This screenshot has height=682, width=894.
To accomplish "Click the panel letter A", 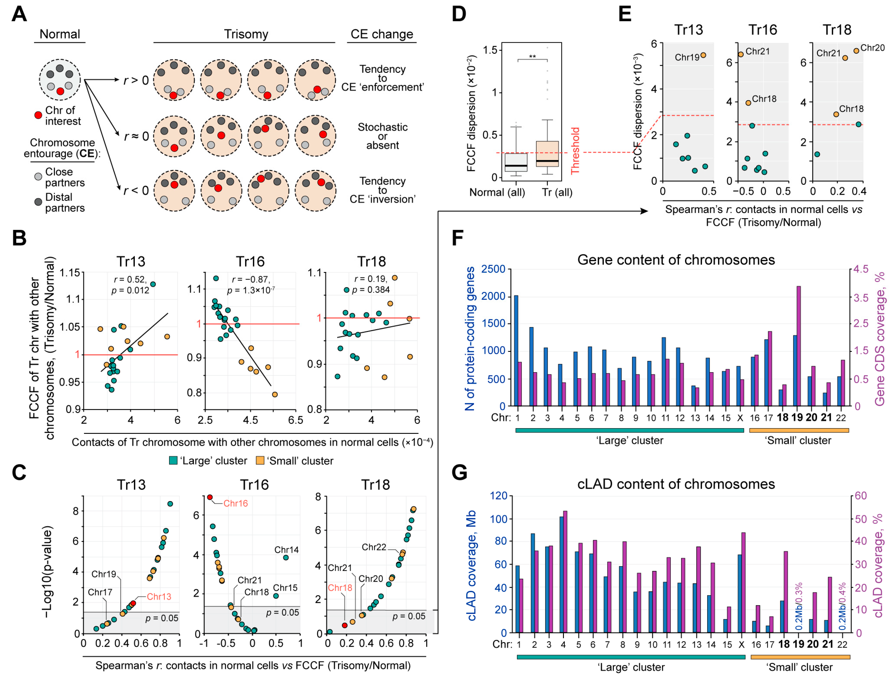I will (x=19, y=15).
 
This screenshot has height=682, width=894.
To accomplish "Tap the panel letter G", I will (x=459, y=473).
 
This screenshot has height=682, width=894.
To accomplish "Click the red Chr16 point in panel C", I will (x=210, y=497).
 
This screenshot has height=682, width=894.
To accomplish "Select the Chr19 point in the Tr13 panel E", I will (x=703, y=55).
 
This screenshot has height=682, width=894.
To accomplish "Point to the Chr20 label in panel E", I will (x=873, y=48).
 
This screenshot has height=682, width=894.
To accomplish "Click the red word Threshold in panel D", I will (x=575, y=151).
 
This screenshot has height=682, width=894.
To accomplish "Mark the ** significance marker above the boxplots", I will (x=532, y=56).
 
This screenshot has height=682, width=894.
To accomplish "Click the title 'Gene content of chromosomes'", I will (x=676, y=260).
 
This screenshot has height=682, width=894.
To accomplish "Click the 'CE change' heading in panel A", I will (x=382, y=34).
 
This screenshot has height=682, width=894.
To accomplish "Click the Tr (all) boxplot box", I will (x=547, y=154).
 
